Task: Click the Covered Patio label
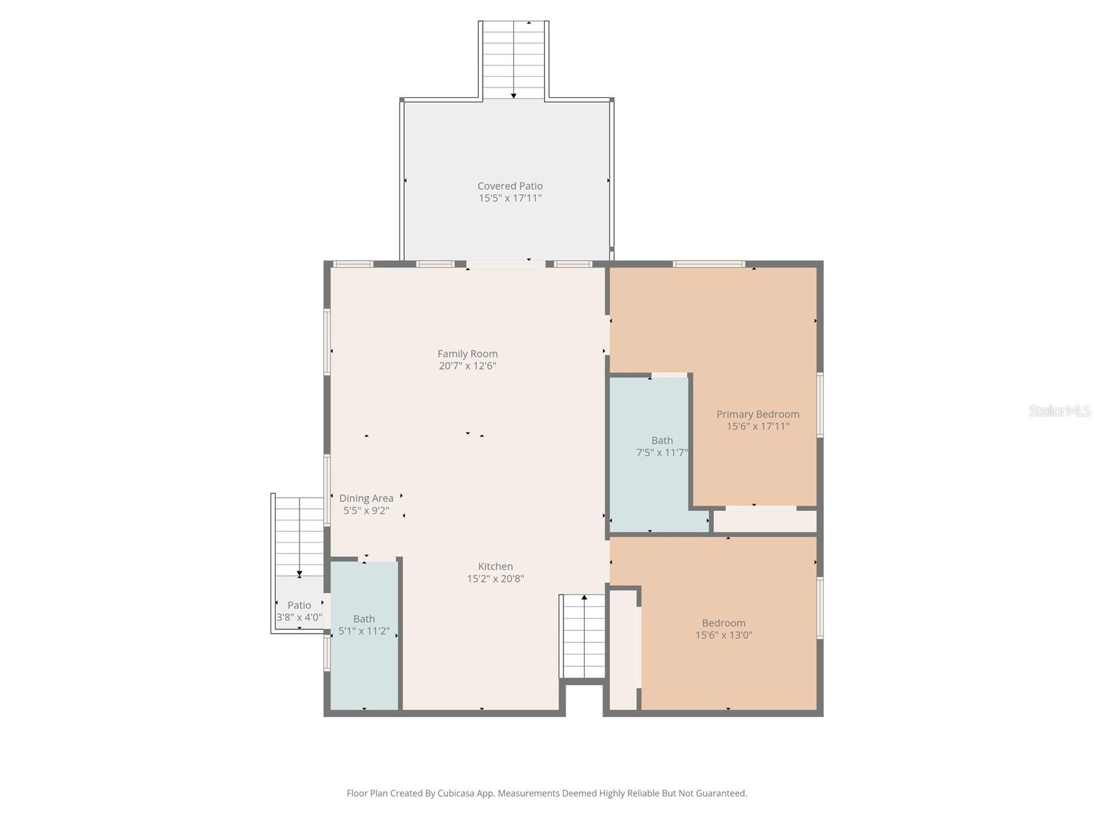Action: (510, 186)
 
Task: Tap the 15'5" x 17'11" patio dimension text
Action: (510, 198)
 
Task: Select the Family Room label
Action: (468, 354)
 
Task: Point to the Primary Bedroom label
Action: (758, 414)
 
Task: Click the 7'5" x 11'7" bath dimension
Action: (661, 453)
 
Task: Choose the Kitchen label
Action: (495, 566)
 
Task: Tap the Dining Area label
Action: (366, 498)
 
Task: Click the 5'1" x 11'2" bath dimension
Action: (364, 631)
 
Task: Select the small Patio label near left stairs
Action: (299, 605)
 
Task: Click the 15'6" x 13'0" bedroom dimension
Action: (723, 635)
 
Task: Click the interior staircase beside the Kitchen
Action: (583, 636)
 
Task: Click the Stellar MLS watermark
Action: (1059, 411)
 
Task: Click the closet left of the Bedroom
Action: (623, 650)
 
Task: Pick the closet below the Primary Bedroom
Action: (764, 521)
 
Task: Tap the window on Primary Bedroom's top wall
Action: (708, 264)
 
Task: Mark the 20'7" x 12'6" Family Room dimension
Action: (468, 366)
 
